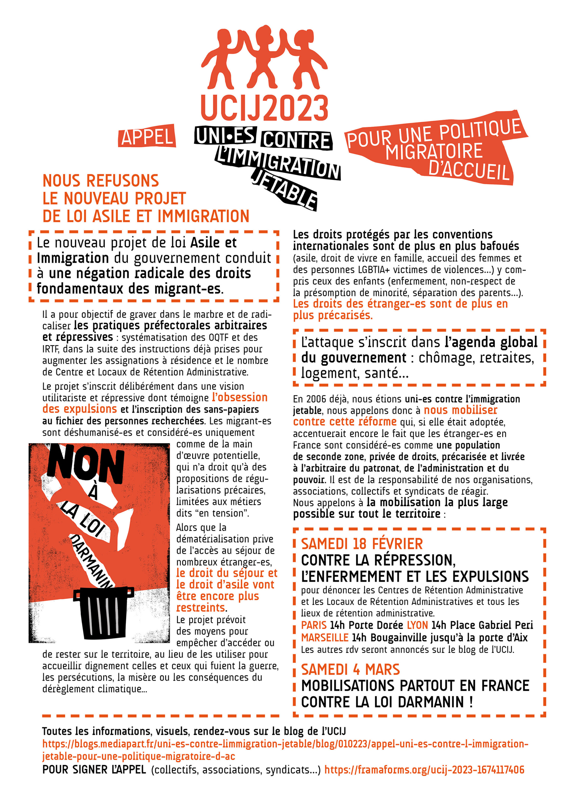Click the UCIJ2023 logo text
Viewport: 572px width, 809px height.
264,108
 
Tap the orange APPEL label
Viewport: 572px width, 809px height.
147,136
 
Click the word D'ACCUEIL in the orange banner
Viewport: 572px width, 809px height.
469,172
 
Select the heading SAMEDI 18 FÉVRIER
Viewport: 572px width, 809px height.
362,544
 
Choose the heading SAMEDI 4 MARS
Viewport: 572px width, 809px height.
350,669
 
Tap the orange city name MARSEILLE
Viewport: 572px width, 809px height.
324,637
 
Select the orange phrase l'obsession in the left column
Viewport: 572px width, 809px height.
240,397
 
